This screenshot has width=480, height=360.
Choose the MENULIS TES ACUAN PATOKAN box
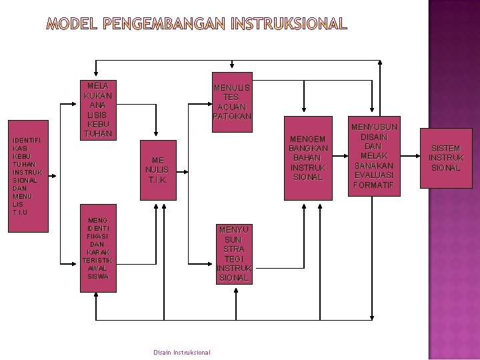click(x=231, y=101)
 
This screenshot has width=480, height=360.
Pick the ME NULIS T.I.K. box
click(x=157, y=170)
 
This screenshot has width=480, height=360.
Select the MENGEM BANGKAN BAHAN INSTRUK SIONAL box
click(x=307, y=159)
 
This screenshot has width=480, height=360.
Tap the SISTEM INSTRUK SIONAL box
click(x=445, y=158)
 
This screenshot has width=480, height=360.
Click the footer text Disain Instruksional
click(x=181, y=352)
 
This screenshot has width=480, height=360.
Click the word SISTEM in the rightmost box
click(x=445, y=148)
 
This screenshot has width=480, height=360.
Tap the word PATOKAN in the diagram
click(x=232, y=116)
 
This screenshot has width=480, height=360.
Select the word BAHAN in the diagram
click(x=307, y=158)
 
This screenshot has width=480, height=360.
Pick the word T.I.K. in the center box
click(x=157, y=180)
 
